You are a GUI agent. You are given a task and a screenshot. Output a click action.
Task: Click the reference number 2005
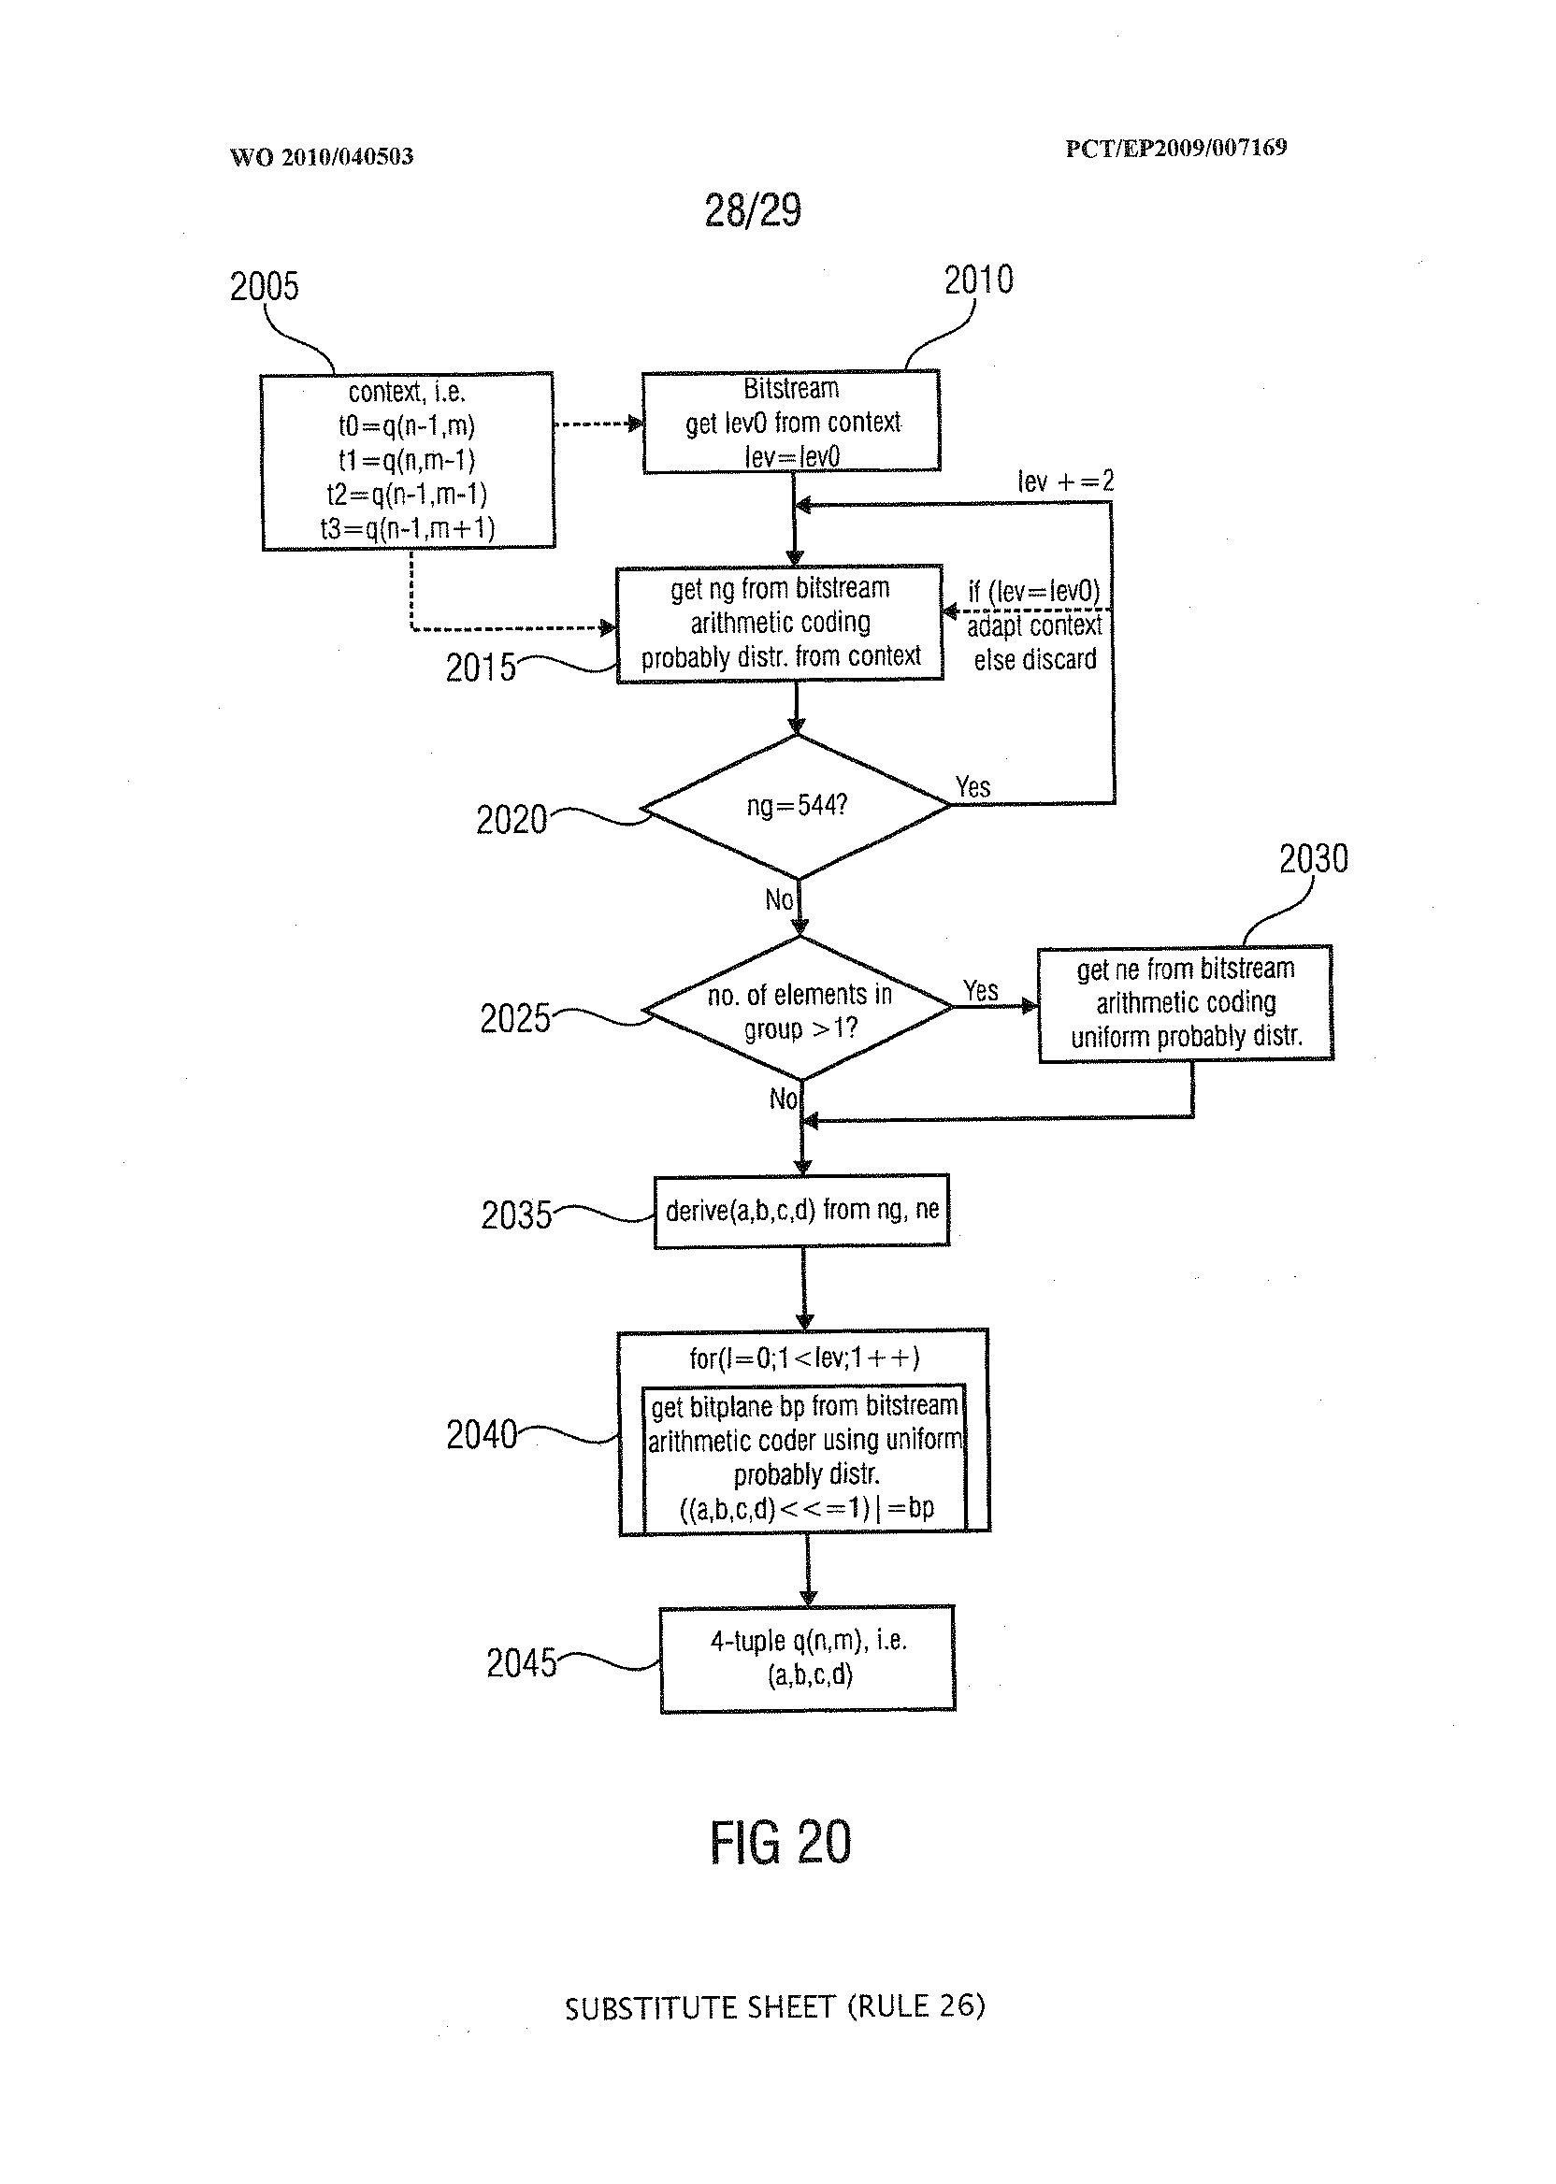(x=264, y=286)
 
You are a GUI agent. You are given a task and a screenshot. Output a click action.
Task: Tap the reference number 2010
(x=977, y=280)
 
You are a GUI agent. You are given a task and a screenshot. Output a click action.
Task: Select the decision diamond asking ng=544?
(x=796, y=806)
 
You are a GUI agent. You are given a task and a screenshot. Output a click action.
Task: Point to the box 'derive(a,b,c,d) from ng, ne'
(x=802, y=1211)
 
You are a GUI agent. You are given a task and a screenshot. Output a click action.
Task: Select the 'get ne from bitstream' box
(x=1185, y=1003)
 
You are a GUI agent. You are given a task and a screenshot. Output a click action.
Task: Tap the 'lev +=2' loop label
(x=1065, y=481)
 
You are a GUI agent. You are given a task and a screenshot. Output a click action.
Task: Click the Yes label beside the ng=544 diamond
(x=972, y=787)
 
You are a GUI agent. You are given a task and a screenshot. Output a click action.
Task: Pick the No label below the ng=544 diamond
(x=779, y=899)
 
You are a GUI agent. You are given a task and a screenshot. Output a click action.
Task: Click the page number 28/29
(x=752, y=210)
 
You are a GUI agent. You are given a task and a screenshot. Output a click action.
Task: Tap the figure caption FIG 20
(x=780, y=1842)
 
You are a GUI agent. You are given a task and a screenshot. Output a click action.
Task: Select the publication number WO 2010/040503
(x=321, y=157)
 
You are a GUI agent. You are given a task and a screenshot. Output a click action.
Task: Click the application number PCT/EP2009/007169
(x=1175, y=148)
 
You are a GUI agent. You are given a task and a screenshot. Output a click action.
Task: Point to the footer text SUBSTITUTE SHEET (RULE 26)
(x=774, y=2006)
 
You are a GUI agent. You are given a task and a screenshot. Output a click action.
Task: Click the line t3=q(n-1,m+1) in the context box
(x=407, y=528)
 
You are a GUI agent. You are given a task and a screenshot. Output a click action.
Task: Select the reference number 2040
(x=481, y=1435)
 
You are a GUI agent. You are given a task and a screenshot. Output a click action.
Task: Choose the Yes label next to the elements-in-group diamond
(x=980, y=990)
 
